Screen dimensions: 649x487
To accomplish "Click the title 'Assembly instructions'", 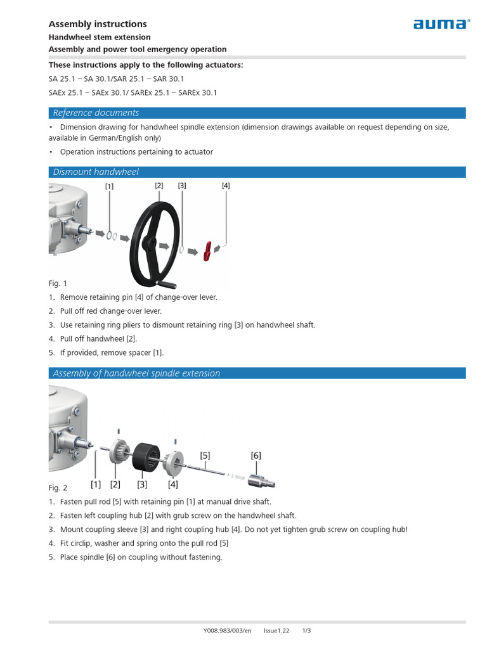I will click(x=98, y=24).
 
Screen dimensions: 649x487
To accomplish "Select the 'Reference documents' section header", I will click(x=96, y=113).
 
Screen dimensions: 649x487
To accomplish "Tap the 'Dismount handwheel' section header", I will click(x=96, y=172).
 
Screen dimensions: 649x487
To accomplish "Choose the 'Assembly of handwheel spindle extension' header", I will click(x=136, y=373).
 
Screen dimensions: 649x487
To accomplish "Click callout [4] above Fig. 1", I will click(x=226, y=186).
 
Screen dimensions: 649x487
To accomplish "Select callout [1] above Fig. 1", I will click(x=110, y=186).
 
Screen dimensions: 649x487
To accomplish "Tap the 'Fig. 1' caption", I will click(x=58, y=283).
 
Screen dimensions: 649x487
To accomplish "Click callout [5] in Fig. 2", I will click(x=205, y=455).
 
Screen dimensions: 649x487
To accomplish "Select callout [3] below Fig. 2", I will click(x=142, y=484).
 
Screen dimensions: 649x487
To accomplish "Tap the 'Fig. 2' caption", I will click(x=58, y=488).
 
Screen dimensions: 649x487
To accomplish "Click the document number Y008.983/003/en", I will click(x=227, y=631).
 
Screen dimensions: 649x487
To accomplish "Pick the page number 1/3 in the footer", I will click(x=306, y=631).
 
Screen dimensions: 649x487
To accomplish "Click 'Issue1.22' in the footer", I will click(x=276, y=631).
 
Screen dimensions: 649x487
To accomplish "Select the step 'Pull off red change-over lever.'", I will click(x=110, y=311).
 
